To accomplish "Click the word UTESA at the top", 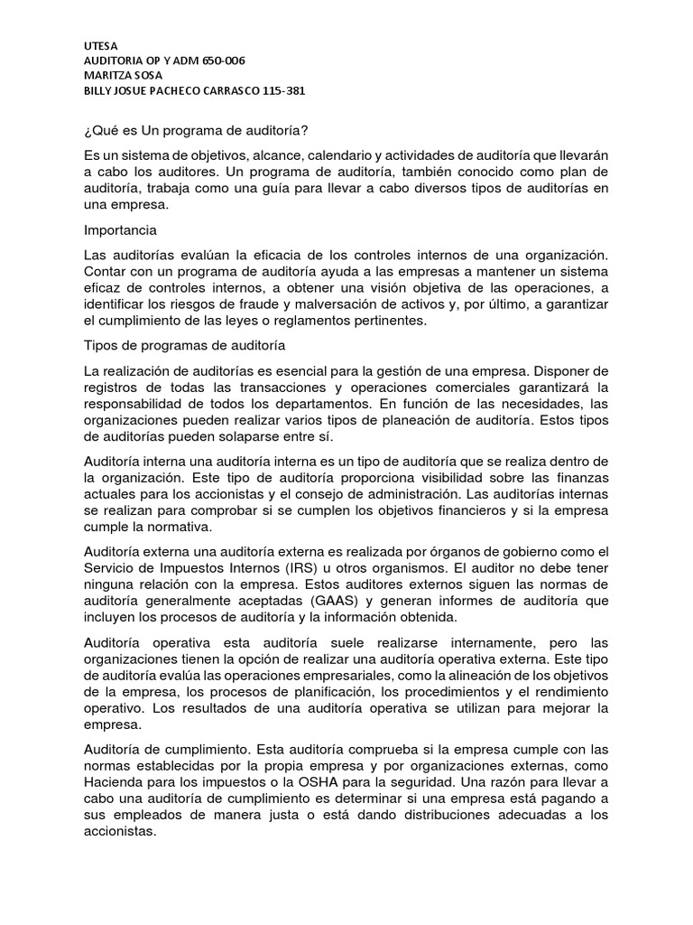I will pyautogui.click(x=100, y=45).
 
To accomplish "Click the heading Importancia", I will pyautogui.click(x=120, y=230).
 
